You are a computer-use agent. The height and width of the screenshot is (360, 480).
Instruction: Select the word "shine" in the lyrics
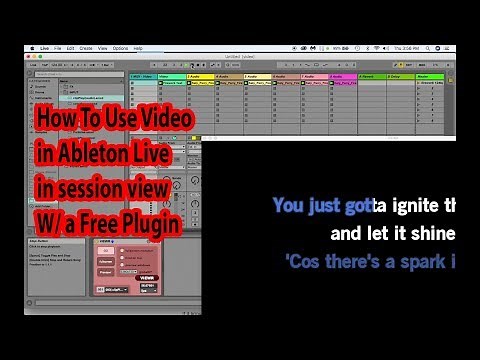pos(432,235)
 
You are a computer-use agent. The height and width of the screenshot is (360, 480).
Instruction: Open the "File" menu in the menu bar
pos(59,48)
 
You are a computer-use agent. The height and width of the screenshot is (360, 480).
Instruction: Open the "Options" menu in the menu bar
pos(120,48)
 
